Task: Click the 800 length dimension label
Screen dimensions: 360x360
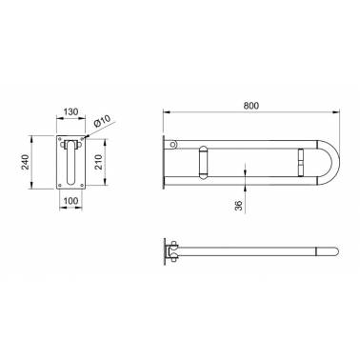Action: [x=251, y=106]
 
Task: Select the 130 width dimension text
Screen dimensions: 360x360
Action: [x=70, y=111]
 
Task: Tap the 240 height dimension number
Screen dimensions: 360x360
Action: [x=26, y=162]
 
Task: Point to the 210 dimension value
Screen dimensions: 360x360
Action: [x=99, y=162]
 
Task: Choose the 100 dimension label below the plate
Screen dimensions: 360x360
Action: [x=70, y=201]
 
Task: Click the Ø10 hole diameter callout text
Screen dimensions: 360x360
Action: [x=102, y=122]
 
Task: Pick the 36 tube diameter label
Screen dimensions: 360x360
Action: [x=239, y=206]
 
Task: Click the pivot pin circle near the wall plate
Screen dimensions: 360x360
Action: [x=172, y=145]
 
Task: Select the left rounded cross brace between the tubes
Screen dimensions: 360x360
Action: [x=203, y=162]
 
